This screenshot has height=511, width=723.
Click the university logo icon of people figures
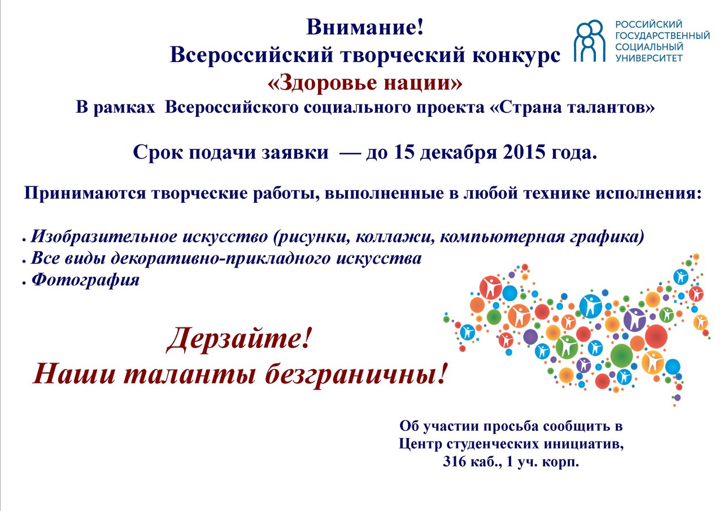(589, 41)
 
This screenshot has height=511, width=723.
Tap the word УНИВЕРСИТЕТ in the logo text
(649, 58)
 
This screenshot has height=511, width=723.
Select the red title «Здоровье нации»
(365, 82)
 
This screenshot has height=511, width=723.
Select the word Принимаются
(85, 194)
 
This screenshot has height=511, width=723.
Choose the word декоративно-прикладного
(221, 259)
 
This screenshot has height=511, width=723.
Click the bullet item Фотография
(85, 279)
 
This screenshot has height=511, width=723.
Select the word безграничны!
(356, 374)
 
